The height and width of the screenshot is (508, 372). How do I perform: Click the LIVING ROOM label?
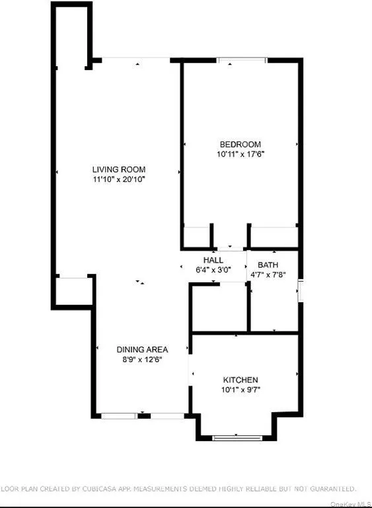(119, 169)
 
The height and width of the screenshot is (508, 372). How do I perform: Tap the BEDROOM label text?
(241, 144)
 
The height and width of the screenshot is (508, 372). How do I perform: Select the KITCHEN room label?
(240, 380)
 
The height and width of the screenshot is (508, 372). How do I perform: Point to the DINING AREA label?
(142, 349)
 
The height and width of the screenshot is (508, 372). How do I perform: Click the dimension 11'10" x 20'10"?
(119, 179)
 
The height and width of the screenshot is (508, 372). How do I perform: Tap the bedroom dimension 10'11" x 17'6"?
(241, 154)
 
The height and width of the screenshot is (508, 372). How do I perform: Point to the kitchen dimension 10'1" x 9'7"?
(240, 390)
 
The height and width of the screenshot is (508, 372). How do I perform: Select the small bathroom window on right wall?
(300, 291)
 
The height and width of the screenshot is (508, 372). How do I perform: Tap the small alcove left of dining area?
(73, 291)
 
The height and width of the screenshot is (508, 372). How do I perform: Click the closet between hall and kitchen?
(219, 307)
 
